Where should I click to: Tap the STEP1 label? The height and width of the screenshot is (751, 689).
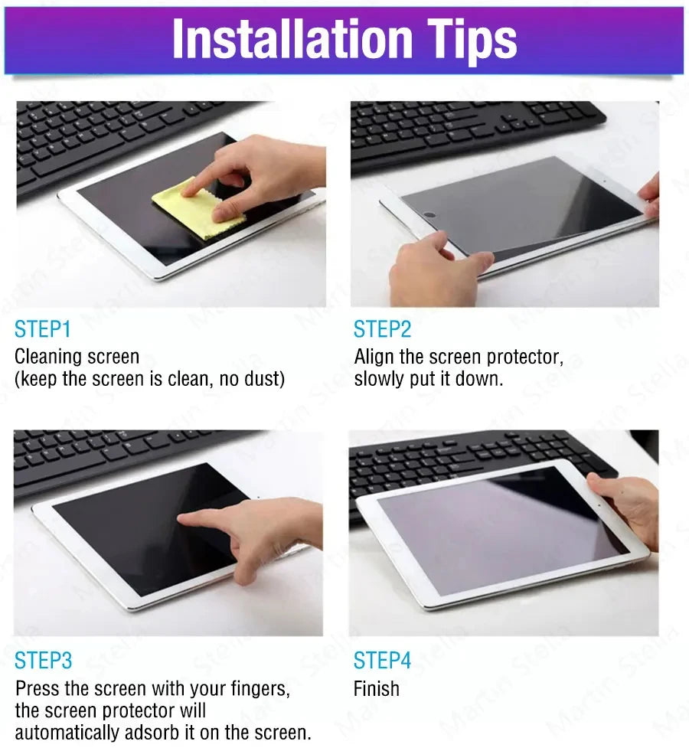coord(43,330)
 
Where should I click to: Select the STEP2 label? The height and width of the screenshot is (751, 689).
coord(382,330)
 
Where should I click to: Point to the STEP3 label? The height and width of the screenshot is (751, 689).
coord(44,661)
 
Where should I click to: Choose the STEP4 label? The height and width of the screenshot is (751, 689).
coord(382,661)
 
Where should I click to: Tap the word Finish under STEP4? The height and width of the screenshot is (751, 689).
coord(376,689)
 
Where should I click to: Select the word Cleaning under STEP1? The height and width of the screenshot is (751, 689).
coord(49,358)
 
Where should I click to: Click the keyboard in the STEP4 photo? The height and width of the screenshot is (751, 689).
coord(459,459)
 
